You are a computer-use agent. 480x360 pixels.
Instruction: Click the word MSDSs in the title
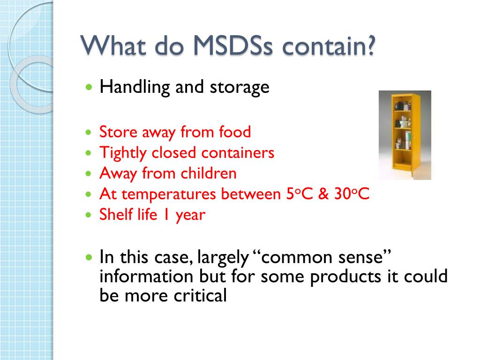point(232,46)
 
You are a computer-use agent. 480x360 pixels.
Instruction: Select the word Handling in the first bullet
point(135,87)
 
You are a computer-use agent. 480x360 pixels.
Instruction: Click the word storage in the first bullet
point(240,88)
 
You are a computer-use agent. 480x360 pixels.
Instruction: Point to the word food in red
point(235,132)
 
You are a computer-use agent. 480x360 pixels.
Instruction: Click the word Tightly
point(123,153)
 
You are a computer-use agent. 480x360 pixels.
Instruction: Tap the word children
point(209,173)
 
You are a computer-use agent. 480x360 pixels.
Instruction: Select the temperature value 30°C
point(352,194)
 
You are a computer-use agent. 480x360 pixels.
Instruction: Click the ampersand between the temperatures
point(323,194)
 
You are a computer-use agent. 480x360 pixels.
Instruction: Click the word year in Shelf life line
point(190,216)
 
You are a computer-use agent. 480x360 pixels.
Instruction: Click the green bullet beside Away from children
point(89,173)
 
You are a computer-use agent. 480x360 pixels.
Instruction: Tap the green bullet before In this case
point(89,257)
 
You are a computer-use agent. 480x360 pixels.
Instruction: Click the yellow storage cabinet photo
point(405,135)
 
